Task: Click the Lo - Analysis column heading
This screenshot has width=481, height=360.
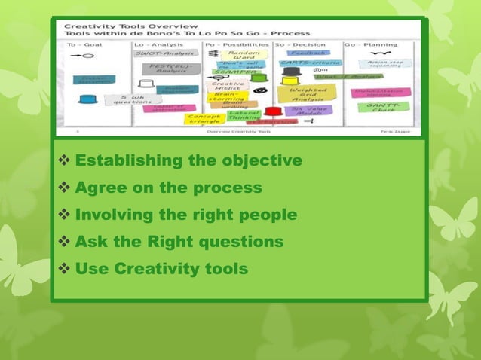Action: point(159,44)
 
